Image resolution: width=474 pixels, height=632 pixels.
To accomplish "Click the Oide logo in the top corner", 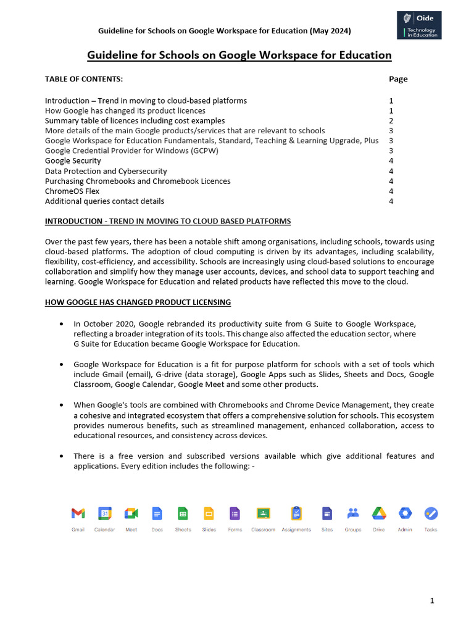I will pos(419,25).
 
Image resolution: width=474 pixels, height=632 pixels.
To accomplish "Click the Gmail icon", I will pos(78,513).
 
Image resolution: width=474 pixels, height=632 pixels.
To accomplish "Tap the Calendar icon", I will pos(104,513).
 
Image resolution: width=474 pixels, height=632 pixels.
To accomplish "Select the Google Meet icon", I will pos(131,513).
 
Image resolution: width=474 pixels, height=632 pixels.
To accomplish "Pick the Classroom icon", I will pos(263,513).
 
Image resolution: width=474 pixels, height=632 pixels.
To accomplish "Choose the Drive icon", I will pos(378,513).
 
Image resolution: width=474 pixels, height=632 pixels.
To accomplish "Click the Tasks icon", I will pos(431,513).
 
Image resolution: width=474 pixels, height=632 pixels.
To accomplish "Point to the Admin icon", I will pos(405,513).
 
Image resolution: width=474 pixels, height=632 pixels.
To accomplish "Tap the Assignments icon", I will pos(296,513).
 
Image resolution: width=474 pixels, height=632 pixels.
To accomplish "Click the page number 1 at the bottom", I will pos(433,601).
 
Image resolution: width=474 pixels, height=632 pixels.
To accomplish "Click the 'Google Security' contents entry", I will pos(73,160).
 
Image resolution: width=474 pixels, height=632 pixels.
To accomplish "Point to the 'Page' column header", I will pos(398,79).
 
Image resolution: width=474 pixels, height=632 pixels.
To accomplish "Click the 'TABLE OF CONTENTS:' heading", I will pos(84,79).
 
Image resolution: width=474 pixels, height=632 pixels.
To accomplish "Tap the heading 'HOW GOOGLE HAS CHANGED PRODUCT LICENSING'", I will pos(138,302).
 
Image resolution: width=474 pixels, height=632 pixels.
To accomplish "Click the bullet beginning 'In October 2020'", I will pos(245,325).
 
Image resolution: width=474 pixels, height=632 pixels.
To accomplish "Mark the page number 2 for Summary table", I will pos(391,120).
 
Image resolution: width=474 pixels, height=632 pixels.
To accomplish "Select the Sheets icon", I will pos(183,513).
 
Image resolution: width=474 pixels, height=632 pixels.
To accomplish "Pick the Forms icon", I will pos(235,513).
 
